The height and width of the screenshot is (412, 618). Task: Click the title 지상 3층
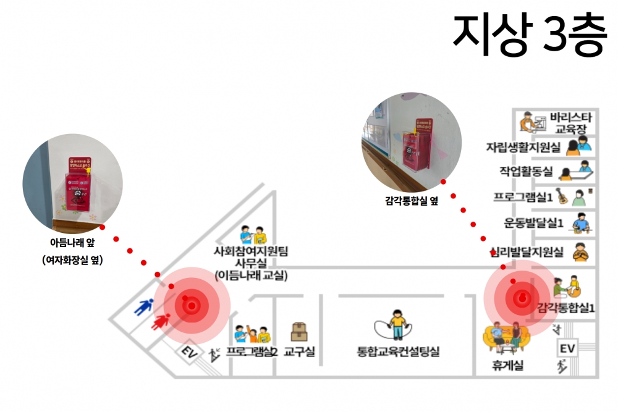click(x=530, y=35)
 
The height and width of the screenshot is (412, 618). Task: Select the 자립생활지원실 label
click(x=523, y=147)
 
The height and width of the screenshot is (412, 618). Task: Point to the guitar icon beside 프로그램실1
click(x=563, y=197)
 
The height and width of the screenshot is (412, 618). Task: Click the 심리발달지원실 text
click(x=526, y=252)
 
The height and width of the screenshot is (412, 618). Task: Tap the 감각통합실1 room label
click(x=566, y=308)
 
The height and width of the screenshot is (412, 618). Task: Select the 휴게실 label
click(x=508, y=366)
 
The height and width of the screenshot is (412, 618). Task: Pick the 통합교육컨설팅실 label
click(x=398, y=352)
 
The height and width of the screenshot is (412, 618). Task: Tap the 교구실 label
click(x=300, y=352)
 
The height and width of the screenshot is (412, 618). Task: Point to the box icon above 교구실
click(x=300, y=332)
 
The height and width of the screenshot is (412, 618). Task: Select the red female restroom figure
click(x=163, y=321)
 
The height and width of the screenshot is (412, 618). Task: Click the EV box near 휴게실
click(x=567, y=349)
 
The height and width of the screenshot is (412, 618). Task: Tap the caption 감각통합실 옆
click(x=410, y=200)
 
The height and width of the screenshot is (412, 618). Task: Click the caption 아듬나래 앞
click(x=72, y=243)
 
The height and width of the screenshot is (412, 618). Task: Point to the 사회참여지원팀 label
click(x=251, y=251)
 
